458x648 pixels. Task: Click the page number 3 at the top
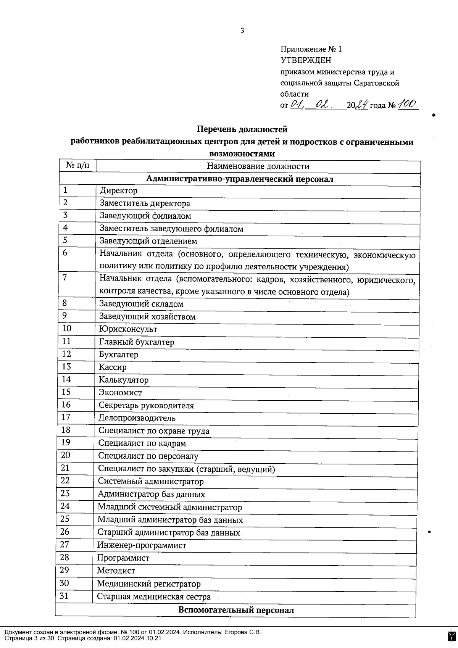pos(242,31)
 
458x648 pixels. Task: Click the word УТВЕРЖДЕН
pos(306,60)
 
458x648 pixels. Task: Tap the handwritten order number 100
pos(407,105)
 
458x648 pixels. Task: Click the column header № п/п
pos(77,166)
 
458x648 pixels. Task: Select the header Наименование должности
pos(258,166)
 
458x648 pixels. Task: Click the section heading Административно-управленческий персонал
pos(240,179)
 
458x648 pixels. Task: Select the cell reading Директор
pos(118,190)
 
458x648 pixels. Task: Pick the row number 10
pos(66,329)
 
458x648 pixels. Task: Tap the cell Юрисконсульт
pos(128,329)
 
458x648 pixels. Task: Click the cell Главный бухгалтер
pos(136,342)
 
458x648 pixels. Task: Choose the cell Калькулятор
pos(124,380)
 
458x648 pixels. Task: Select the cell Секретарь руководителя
pos(146,406)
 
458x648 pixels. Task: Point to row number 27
pos(65,545)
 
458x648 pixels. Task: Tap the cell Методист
pos(116,571)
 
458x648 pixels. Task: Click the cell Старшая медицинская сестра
pos(153,596)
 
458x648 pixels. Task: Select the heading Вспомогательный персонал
pos(236,610)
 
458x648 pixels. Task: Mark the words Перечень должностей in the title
pos(242,129)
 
